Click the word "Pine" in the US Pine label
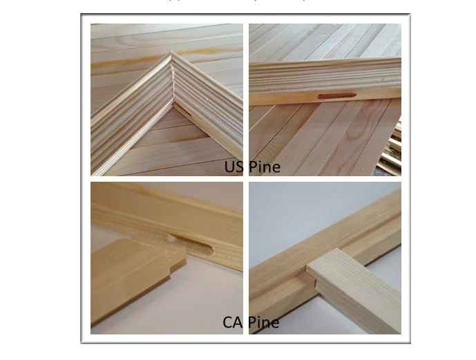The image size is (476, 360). (x=263, y=167)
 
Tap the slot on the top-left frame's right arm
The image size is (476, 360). (x=184, y=109)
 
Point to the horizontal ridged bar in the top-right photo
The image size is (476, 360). (x=325, y=79)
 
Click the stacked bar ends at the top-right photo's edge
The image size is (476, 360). (x=394, y=152)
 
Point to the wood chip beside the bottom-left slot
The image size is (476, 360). (x=169, y=239)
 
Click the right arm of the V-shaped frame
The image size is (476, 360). (x=207, y=104)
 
